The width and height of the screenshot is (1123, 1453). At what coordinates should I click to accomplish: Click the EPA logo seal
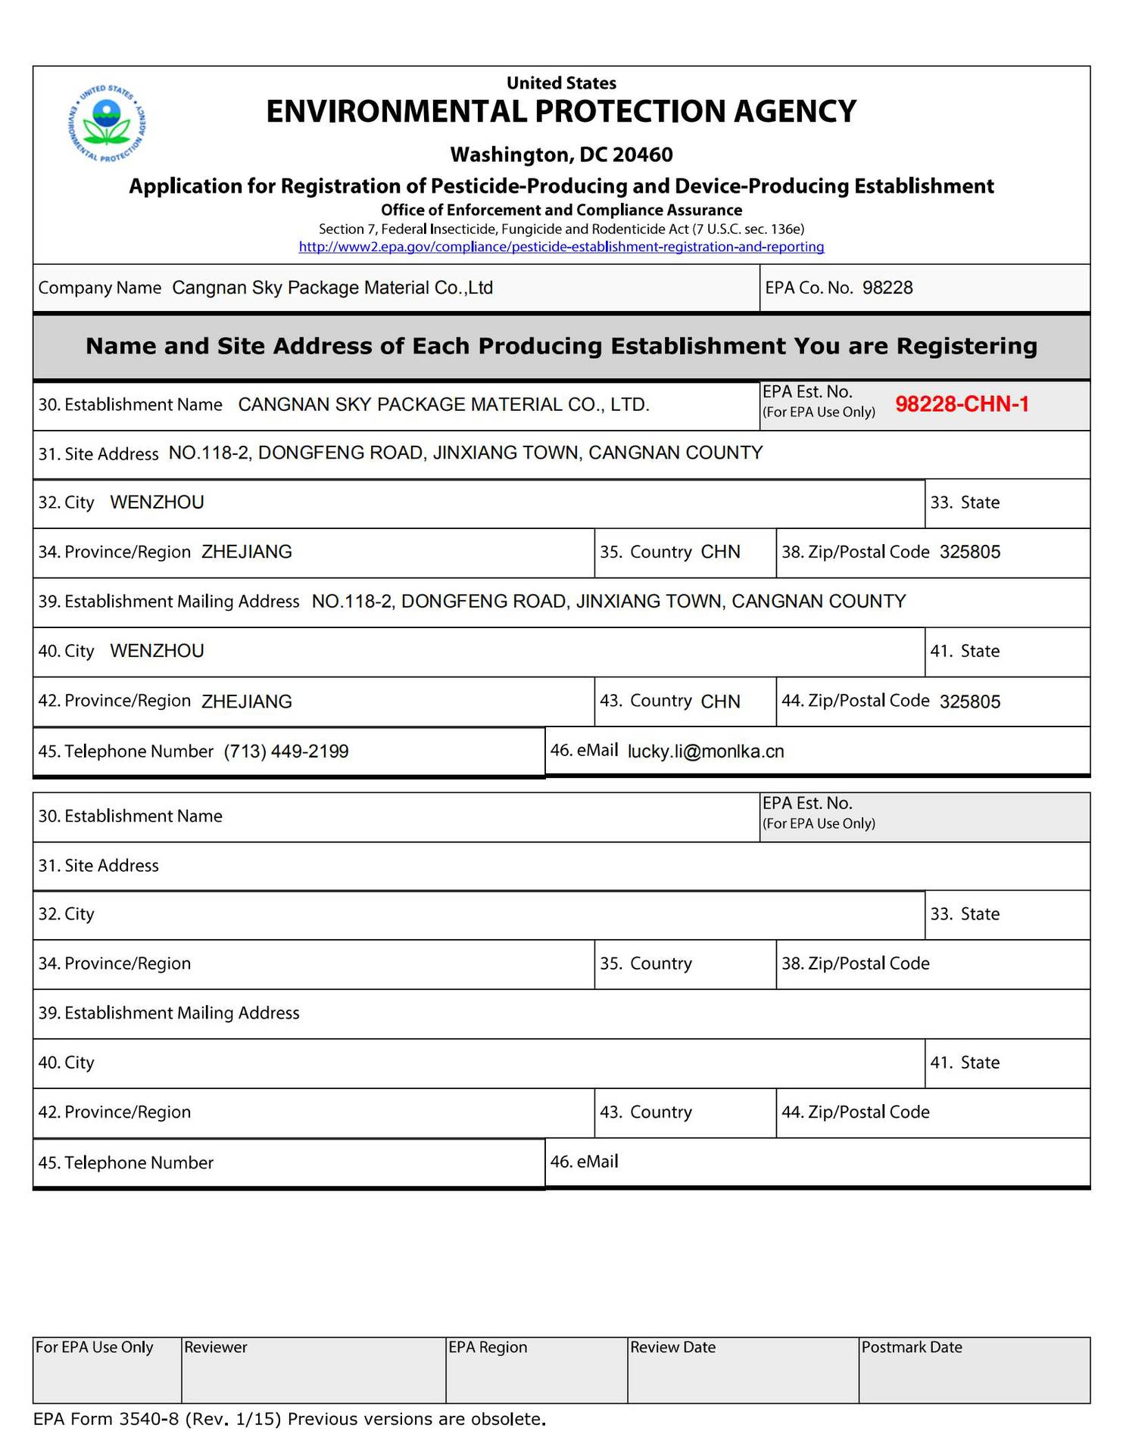[x=107, y=123]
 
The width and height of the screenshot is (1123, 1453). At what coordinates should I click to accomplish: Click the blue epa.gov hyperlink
[x=561, y=247]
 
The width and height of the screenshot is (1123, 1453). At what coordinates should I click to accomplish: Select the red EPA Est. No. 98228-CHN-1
[x=962, y=404]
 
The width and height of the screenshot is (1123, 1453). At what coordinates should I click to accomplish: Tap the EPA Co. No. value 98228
[x=887, y=288]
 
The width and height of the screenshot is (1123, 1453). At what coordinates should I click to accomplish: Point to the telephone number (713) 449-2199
[x=286, y=751]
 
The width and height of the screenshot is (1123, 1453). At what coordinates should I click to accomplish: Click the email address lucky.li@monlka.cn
[x=706, y=751]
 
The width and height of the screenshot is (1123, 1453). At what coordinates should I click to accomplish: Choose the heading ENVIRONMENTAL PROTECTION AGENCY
[x=561, y=112]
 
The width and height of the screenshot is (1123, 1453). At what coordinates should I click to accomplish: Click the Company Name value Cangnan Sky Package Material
[x=332, y=288]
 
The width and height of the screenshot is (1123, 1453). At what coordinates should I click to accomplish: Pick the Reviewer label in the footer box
[x=216, y=1347]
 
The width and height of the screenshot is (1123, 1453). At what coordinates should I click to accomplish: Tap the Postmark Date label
[x=912, y=1347]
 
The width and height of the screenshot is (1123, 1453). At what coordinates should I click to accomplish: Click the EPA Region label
[x=488, y=1347]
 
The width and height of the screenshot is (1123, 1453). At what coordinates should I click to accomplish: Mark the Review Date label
[x=672, y=1347]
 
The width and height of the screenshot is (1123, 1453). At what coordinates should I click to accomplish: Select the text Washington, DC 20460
[x=561, y=155]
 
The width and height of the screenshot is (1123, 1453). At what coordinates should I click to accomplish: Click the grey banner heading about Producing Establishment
[x=561, y=347]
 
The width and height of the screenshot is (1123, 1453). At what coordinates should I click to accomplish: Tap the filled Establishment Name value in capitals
[x=444, y=405]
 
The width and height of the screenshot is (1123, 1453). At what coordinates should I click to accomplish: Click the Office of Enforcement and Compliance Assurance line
[x=561, y=210]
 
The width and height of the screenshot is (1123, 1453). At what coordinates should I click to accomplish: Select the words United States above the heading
[x=561, y=83]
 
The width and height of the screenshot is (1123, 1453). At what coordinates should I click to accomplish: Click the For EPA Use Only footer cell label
[x=95, y=1347]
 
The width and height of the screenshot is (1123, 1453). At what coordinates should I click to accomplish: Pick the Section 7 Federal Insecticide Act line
[x=561, y=229]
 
